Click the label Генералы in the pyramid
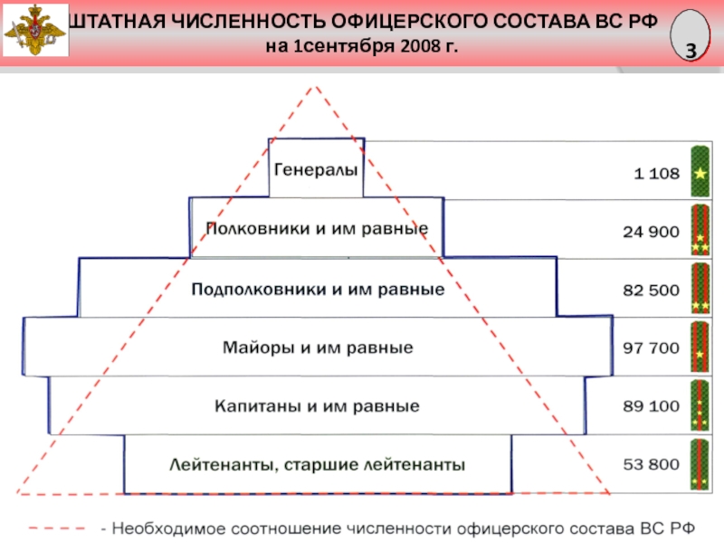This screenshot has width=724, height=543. click(x=316, y=169)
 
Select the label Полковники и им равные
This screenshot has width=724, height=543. click(x=317, y=228)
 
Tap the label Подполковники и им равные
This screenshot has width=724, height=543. click(x=318, y=291)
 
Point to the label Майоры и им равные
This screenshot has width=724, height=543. click(x=318, y=348)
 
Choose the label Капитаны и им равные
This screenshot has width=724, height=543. click(x=317, y=406)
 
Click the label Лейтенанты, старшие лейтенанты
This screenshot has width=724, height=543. click(x=318, y=466)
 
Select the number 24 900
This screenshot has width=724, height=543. click(x=650, y=232)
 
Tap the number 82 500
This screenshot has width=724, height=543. click(x=650, y=291)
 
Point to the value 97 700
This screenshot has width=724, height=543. click(x=650, y=348)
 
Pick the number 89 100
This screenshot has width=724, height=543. click(x=650, y=406)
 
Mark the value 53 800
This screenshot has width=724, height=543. click(x=650, y=465)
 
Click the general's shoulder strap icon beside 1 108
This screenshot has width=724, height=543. click(x=700, y=170)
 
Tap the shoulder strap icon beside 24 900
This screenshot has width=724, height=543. click(x=700, y=230)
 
